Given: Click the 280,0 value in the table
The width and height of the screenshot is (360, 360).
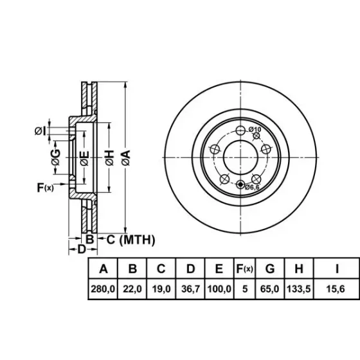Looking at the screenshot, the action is (x=103, y=289).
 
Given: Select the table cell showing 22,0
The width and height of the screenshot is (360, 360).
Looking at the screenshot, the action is (x=132, y=289).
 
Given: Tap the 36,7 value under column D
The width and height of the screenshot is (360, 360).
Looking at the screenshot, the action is (x=190, y=289).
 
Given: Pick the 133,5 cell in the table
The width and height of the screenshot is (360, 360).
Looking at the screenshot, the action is (x=299, y=289).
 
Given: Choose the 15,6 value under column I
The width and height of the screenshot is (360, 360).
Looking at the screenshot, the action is (x=336, y=289).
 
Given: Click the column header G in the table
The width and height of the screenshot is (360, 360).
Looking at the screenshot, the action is (x=270, y=269).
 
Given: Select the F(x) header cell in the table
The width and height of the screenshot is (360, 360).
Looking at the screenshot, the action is (x=244, y=269).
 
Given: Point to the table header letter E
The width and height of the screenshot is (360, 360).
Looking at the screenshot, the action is (x=219, y=269).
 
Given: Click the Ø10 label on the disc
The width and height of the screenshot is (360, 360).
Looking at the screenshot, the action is (x=255, y=129).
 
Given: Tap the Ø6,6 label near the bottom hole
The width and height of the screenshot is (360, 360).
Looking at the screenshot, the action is (x=252, y=187).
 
